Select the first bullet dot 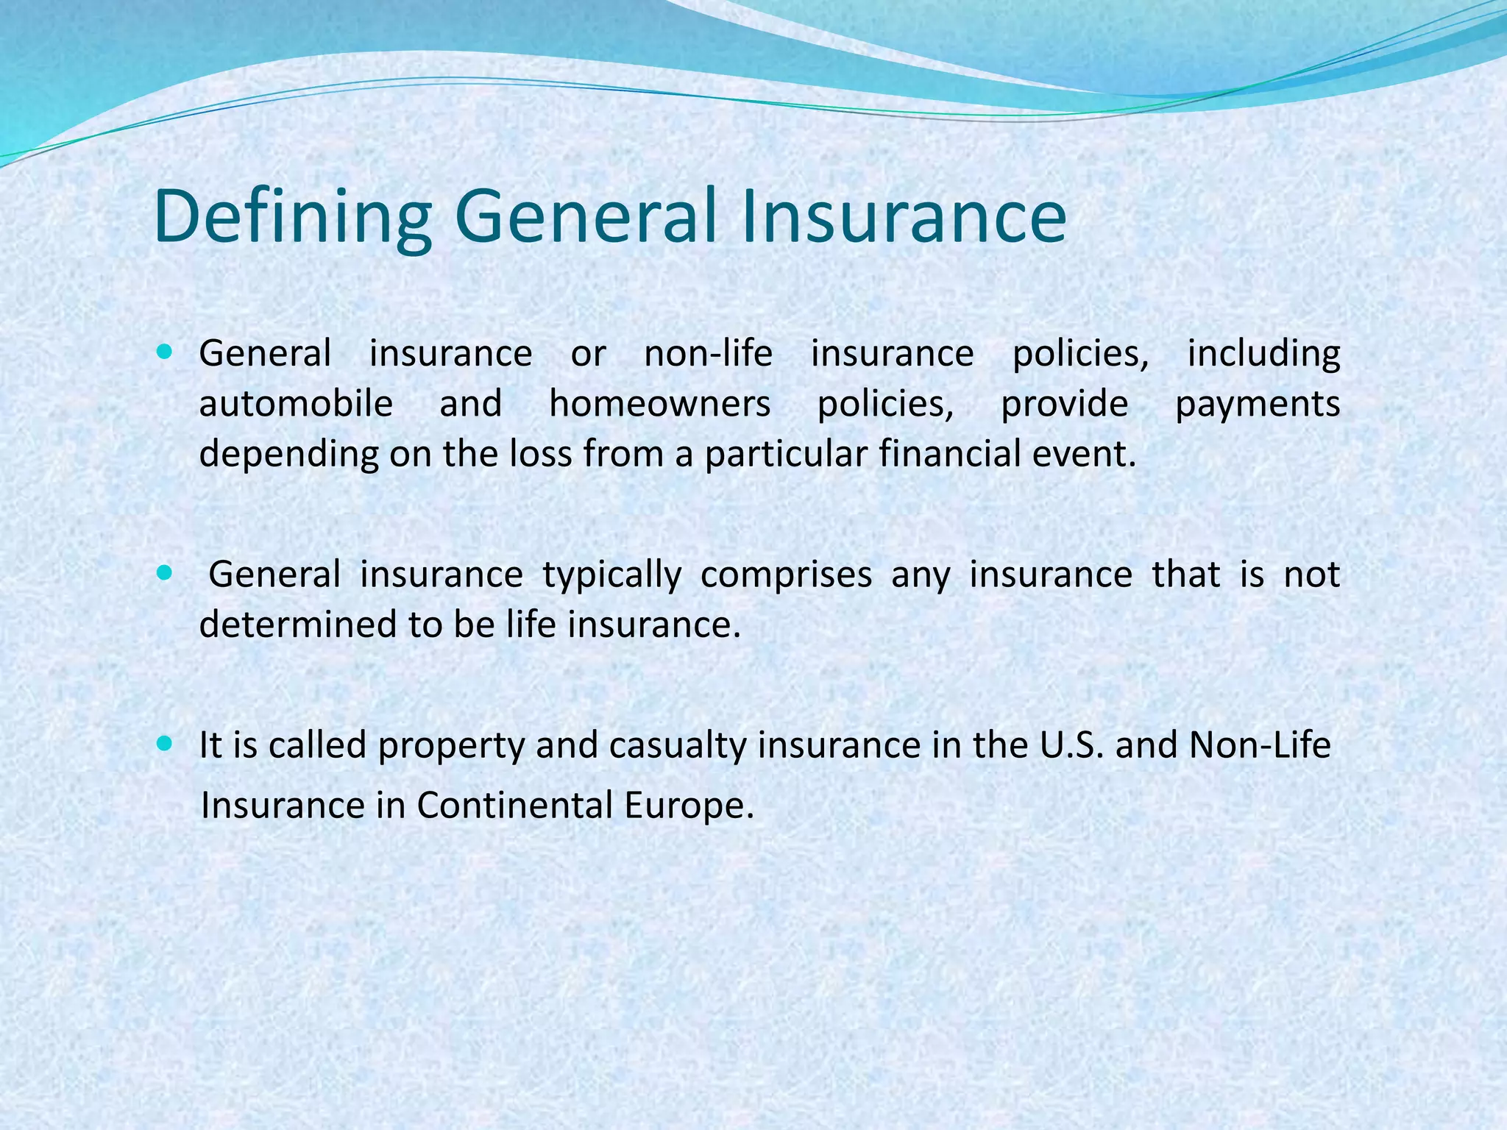[x=164, y=352]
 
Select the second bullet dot [x=164, y=573]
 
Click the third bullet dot [x=164, y=745]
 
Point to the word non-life [x=708, y=354]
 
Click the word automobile [x=296, y=404]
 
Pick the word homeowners [x=659, y=404]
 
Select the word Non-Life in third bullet [x=1260, y=746]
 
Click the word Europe [x=689, y=807]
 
